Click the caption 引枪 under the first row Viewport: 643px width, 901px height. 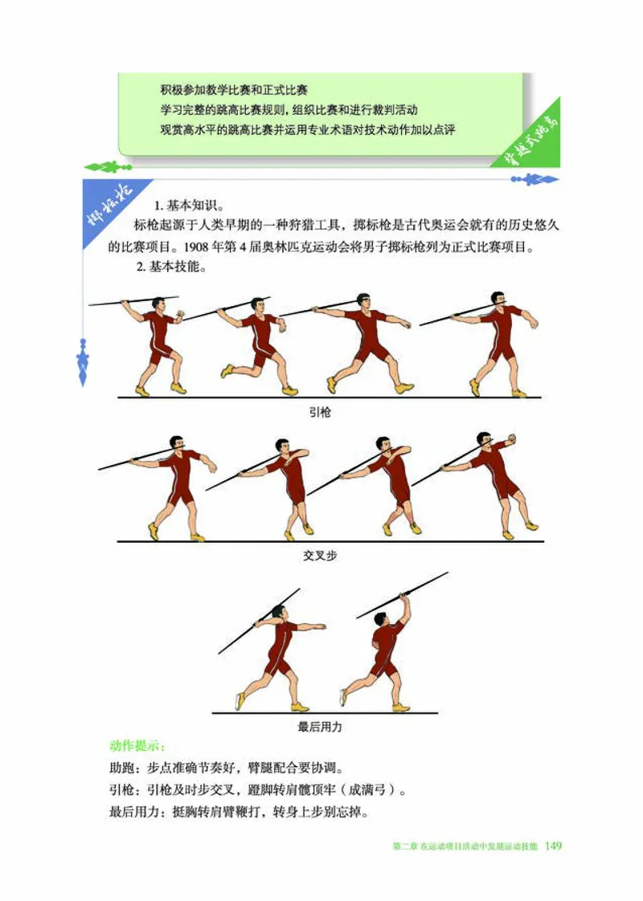click(320, 413)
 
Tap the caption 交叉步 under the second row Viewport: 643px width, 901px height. click(321, 555)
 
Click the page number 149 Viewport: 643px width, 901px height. click(552, 846)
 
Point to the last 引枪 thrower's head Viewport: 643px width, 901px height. click(500, 300)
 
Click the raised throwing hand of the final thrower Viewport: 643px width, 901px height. click(406, 597)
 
